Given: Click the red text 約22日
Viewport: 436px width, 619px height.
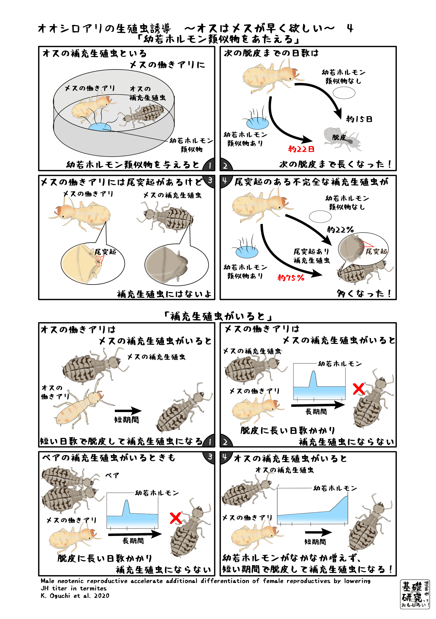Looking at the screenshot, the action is click(x=301, y=149).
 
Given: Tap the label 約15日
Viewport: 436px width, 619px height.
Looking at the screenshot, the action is click(x=359, y=119).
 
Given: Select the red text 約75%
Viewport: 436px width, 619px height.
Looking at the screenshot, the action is click(x=291, y=277).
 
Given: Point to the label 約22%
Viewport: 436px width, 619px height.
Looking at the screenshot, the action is click(x=340, y=230).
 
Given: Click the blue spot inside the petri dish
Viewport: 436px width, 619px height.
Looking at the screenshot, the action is click(x=100, y=127).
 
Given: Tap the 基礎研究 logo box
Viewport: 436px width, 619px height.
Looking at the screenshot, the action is click(x=414, y=594).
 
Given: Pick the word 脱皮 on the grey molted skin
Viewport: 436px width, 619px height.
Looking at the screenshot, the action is click(x=339, y=137).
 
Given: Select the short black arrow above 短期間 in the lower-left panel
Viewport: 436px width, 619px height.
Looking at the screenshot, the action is click(x=128, y=411).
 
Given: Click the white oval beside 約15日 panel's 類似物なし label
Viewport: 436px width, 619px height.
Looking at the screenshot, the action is click(x=344, y=93).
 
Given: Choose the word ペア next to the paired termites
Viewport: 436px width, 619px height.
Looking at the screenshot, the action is click(x=112, y=475).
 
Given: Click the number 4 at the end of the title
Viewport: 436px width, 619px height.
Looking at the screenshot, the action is click(x=350, y=28).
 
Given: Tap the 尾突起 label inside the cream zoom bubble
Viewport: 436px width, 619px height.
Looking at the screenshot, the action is click(x=105, y=252).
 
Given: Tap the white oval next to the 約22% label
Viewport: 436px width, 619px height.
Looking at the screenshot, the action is click(x=320, y=216).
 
